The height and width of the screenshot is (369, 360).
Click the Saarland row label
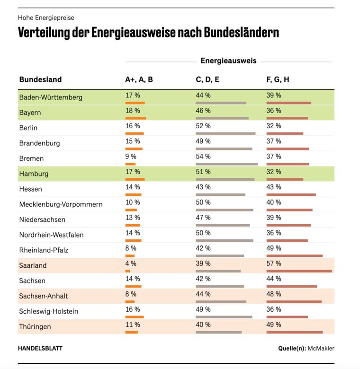pos(33,265)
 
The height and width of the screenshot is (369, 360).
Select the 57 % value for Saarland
pos(273,264)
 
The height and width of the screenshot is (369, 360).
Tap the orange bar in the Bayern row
pos(135,118)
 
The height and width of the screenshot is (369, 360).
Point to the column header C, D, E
pos(207,79)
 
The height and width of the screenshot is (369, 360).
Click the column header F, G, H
pos(278,79)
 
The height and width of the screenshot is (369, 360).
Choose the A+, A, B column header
pos(139,79)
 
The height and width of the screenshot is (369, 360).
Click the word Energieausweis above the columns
pos(228,61)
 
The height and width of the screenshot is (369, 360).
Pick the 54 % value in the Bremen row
pos(203,156)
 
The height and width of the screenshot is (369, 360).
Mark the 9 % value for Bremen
pos(131,156)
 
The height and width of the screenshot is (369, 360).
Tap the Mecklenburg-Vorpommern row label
pos(61,204)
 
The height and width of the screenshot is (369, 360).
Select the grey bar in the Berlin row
pos(225,133)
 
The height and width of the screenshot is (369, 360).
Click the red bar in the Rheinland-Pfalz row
pos(295,256)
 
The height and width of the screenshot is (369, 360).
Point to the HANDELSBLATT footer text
pos(40,348)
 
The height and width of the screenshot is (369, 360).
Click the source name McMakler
pos(321,348)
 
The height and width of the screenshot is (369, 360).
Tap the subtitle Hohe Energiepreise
pos(46,18)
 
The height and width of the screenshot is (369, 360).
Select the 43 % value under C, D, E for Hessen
pos(203,187)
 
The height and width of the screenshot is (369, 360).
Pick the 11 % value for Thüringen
pos(133,325)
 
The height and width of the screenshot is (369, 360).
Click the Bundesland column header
pos(40,79)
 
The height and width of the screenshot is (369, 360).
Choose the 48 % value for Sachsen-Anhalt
pos(273,294)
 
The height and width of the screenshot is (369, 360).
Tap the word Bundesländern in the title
pos(242,32)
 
